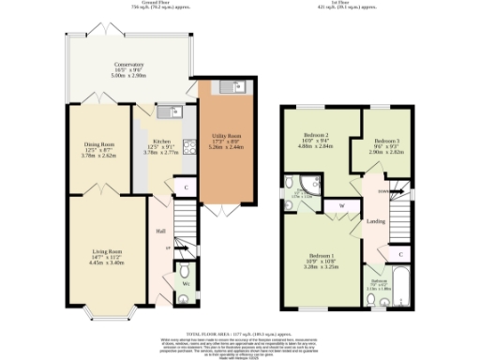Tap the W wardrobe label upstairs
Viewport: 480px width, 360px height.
coord(341,205)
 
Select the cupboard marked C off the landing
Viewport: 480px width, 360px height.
coord(401,254)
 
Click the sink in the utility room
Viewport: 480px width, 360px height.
coord(228,89)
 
